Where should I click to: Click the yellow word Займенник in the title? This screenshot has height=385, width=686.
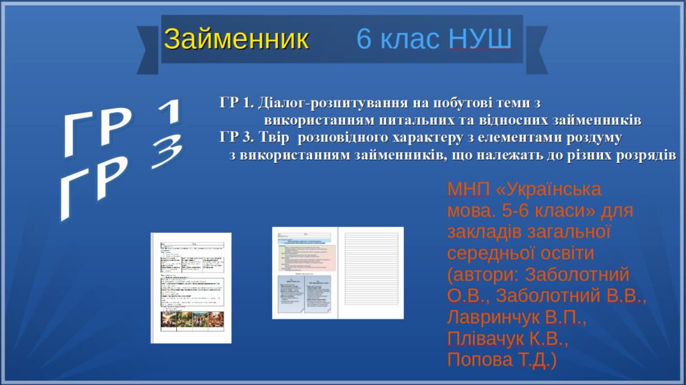coord(236,40)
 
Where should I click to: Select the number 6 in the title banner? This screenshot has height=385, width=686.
coord(364,40)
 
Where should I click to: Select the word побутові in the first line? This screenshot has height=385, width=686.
coord(462,103)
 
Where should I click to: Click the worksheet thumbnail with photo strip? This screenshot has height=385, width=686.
coord(191,288)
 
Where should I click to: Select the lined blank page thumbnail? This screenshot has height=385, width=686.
coord(370,273)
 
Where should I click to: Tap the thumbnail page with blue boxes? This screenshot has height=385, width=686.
coord(304,273)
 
